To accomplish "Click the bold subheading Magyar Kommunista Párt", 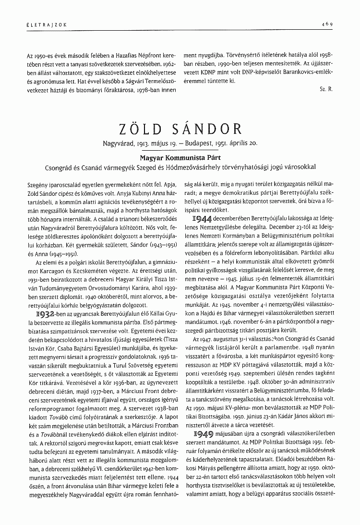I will click(x=180, y=157).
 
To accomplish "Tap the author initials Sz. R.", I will click(x=325, y=90).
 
